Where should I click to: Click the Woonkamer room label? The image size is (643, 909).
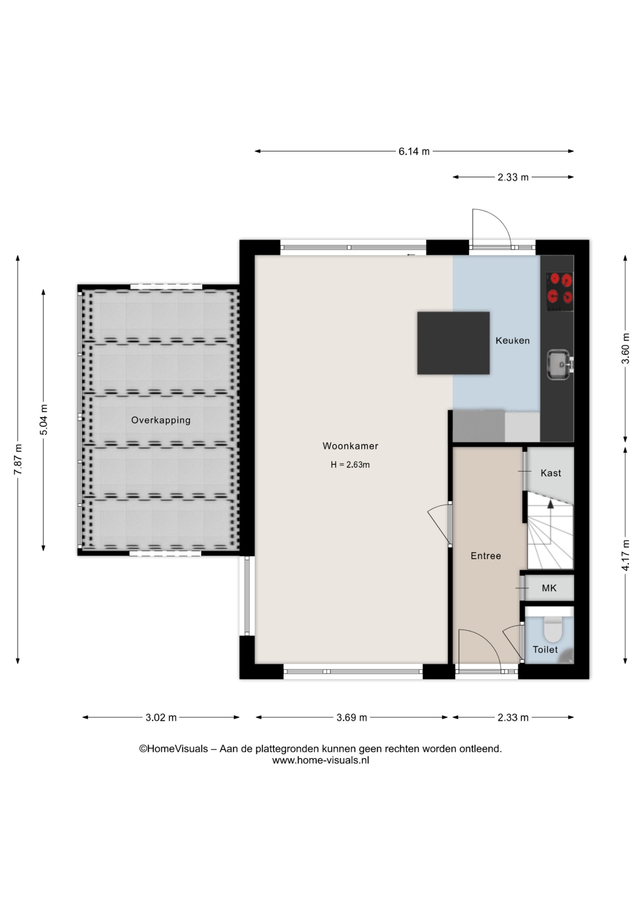coord(350,446)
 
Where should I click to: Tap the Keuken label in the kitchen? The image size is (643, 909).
coord(512,340)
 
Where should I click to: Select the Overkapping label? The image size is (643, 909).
coord(161,420)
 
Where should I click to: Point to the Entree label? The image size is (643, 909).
coord(486,556)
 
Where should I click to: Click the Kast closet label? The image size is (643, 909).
coord(551,473)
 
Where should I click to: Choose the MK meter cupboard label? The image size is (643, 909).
coord(549,588)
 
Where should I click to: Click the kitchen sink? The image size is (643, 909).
coord(559,365)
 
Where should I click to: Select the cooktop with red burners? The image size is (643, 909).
coord(560,292)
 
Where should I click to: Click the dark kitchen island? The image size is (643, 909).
coord(453,343)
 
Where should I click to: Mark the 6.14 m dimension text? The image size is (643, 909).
coord(414,151)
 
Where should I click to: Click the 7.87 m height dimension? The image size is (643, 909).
coord(18,460)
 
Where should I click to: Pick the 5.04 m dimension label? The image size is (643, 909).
coord(44,420)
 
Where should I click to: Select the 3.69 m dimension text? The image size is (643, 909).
coord(352,718)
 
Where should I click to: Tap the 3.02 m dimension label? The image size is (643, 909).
coord(161,718)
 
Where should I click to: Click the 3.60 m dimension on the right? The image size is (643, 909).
coord(625,348)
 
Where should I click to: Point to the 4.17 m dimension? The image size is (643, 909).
coord(625,555)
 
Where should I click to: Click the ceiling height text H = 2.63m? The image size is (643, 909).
coord(350,465)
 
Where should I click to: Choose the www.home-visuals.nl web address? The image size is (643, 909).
coord(321,760)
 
